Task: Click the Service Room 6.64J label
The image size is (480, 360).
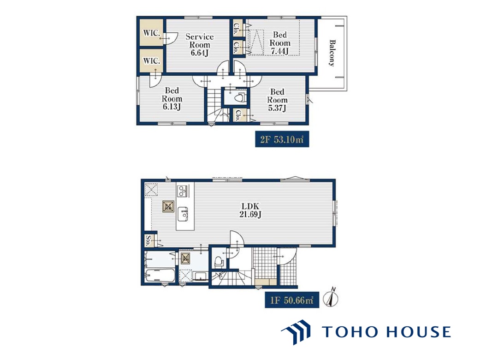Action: (200, 45)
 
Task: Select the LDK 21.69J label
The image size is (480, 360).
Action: (250, 210)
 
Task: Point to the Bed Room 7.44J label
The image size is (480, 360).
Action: (280, 43)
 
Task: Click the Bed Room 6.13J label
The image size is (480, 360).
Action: (172, 98)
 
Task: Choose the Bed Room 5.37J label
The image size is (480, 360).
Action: (277, 100)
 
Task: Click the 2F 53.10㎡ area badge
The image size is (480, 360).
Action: (282, 139)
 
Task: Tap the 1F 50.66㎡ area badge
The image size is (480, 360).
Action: (292, 300)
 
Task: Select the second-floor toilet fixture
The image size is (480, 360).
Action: (240, 98)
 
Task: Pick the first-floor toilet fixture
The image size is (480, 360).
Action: (219, 261)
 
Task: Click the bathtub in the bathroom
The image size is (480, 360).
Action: (160, 276)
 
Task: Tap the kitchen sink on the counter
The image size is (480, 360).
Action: (183, 214)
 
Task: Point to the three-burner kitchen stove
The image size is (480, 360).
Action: (183, 191)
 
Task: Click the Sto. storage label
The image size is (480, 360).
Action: (148, 240)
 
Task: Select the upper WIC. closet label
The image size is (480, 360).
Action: (152, 32)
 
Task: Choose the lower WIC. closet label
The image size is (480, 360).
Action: (152, 60)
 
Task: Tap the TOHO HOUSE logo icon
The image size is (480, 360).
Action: (296, 332)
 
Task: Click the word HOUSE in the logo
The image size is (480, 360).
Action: (418, 332)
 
